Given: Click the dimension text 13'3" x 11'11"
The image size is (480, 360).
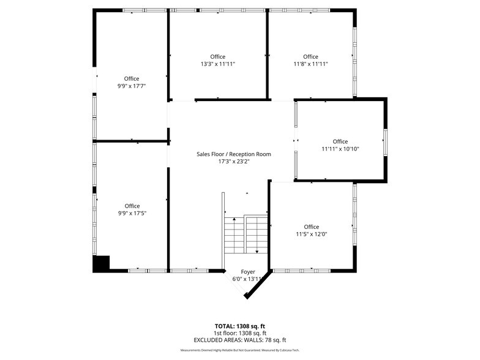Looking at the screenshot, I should point(217,64).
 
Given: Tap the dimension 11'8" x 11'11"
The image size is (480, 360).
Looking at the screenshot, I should point(310,64).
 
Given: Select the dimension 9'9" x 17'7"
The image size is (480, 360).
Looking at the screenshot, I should point(132,86).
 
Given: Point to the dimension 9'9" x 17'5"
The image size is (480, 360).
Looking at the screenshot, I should point(132,214).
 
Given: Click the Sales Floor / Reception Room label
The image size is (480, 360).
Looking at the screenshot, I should point(233,154).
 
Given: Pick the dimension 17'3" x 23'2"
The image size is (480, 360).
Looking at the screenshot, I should point(233,162).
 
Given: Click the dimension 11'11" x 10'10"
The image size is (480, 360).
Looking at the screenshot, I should point(340,149).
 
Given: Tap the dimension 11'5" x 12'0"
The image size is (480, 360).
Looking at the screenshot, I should point(311,234).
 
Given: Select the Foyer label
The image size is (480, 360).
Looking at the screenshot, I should point(247,272).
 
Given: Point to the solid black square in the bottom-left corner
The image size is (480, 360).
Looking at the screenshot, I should point(100,263).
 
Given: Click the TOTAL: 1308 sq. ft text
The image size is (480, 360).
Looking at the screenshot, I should point(239,326).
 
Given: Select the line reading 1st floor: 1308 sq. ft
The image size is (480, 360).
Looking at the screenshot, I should point(239,333).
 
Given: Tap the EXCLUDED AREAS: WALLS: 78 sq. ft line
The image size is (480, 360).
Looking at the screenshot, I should point(239,340).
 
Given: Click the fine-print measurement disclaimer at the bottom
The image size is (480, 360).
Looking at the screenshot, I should point(239,350).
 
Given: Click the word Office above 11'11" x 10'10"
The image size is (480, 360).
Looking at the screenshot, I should point(340,141).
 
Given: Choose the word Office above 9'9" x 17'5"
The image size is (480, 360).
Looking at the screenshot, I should point(132,206).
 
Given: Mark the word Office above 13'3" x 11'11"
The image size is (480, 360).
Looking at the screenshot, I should point(217,56).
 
